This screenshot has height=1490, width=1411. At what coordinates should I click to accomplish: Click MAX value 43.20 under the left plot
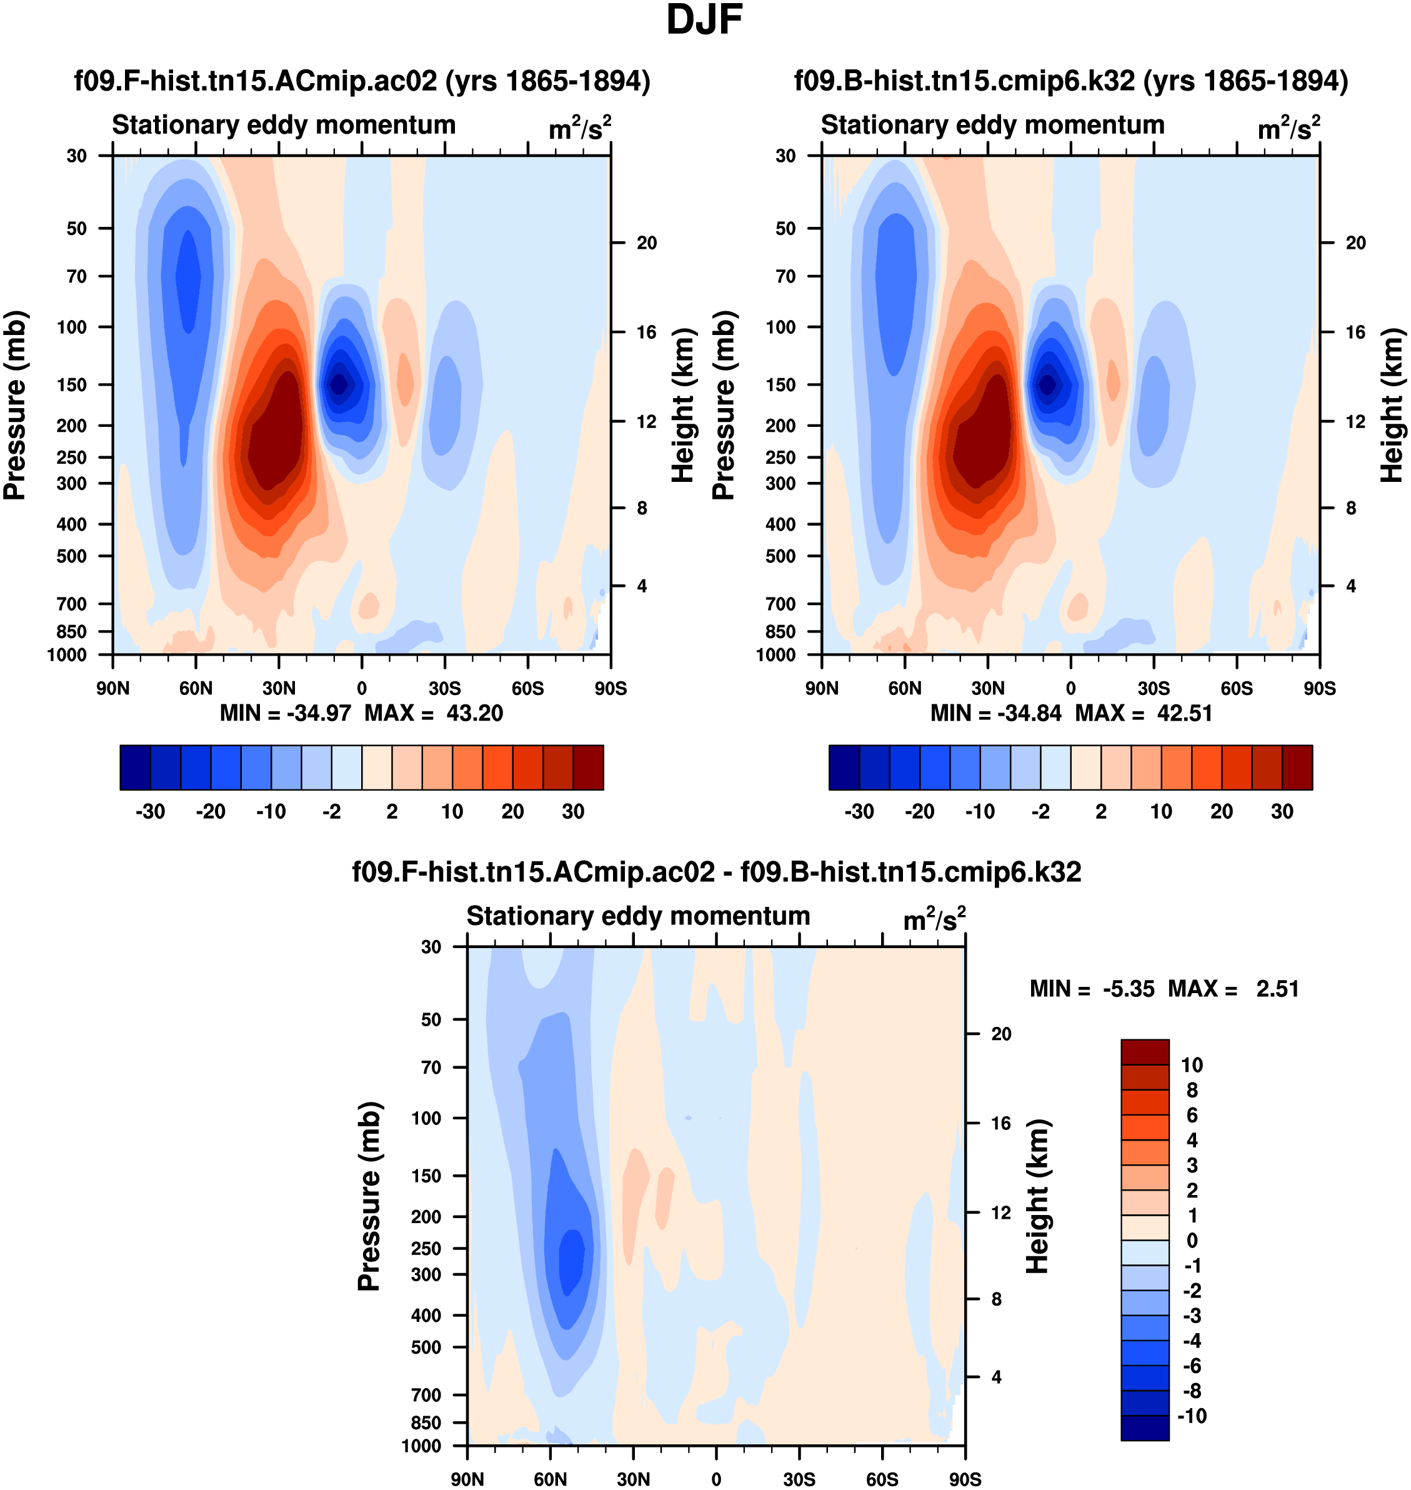pos(474,713)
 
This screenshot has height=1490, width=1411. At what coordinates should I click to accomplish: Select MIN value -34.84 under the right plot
pos(1028,713)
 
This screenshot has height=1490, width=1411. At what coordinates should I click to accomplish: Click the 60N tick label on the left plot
pos(196,688)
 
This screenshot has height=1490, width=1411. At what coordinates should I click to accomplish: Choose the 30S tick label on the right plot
pos(1154,688)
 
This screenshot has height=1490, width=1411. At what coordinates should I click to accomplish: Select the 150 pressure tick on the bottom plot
pos(426,1176)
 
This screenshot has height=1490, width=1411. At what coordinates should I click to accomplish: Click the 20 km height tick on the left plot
pos(646,243)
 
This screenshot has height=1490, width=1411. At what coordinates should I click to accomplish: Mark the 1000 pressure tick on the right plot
pos(775,654)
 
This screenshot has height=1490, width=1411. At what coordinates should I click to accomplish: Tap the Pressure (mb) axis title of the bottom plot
pos(369,1196)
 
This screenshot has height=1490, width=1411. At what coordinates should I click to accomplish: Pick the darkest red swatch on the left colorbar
pos(588,767)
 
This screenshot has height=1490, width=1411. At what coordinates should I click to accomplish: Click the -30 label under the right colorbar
pos(859,812)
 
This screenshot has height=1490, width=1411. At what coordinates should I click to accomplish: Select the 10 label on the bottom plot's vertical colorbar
pos(1192,1065)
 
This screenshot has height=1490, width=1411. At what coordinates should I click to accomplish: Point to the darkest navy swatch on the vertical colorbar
pos(1145,1427)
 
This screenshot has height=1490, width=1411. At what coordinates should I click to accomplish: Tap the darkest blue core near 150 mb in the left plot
pos(339,384)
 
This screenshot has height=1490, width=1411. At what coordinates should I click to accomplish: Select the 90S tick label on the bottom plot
pos(964,1479)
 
